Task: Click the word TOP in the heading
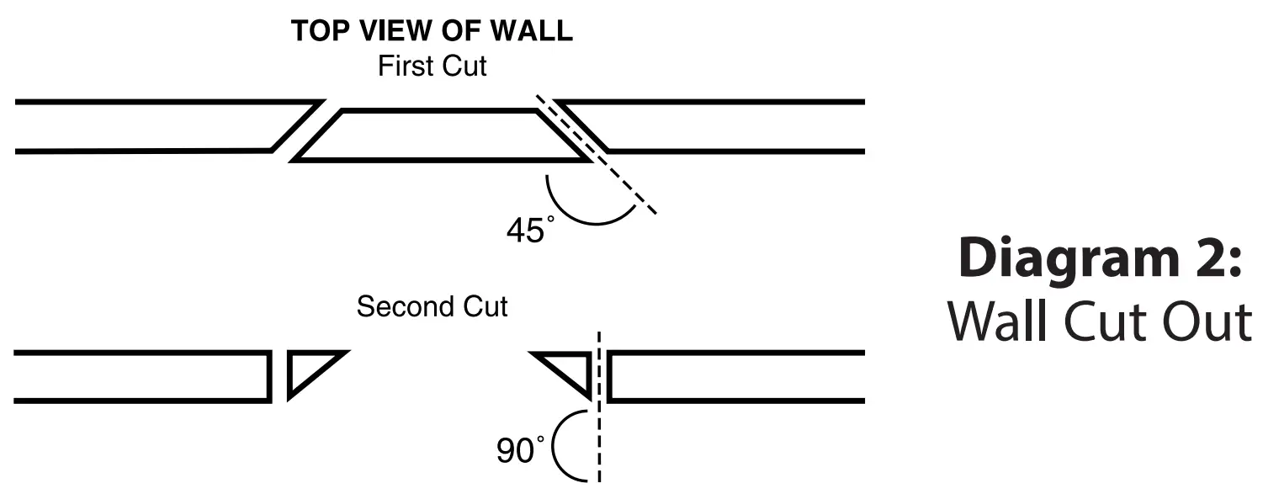tap(317, 32)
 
